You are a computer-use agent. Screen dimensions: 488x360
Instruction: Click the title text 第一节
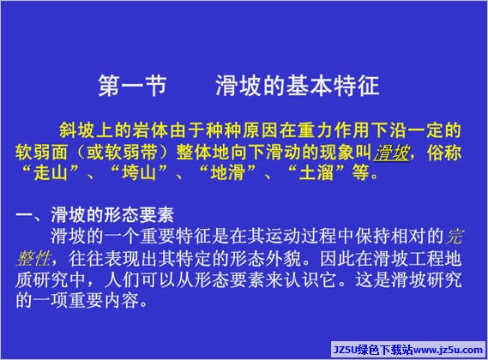tap(133, 85)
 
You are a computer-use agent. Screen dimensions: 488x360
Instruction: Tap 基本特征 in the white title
tap(333, 85)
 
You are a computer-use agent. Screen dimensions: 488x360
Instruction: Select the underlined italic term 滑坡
tap(392, 153)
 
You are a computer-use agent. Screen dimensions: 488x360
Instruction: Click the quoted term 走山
tap(51, 172)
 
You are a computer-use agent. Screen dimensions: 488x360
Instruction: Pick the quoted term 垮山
tap(139, 172)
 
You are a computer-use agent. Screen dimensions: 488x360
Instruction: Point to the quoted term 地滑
tap(227, 172)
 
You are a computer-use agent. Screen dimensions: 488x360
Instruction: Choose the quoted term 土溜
tap(316, 172)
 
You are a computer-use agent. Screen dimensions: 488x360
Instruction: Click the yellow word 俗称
tap(444, 153)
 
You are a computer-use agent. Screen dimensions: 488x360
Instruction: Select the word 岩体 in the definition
tap(150, 130)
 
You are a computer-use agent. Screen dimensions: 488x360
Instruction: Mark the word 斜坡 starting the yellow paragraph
tap(77, 130)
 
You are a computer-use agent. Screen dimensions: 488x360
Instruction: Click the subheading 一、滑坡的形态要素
tap(94, 214)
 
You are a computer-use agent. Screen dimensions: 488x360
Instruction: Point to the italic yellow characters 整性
tap(33, 258)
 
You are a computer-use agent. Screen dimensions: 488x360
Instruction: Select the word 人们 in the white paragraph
tap(122, 279)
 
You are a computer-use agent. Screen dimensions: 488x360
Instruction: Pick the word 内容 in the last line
tap(122, 300)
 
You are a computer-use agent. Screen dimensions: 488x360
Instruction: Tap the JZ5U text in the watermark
tap(345, 350)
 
